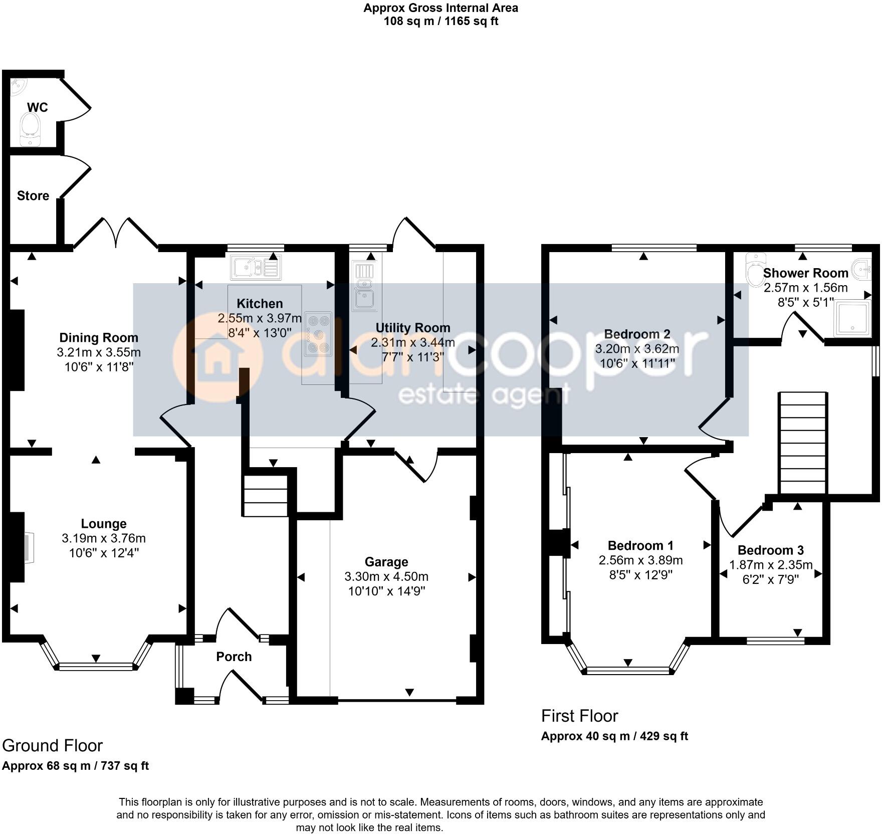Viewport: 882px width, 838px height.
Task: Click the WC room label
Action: pos(37,107)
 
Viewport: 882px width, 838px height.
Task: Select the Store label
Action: pos(33,196)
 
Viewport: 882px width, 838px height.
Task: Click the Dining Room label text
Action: pos(99,338)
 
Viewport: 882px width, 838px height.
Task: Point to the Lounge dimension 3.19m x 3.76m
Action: pos(104,538)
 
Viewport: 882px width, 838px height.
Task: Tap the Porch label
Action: pos(234,657)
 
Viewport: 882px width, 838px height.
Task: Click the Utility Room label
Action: pos(413,328)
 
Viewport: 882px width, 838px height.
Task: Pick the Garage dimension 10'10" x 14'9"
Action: pos(386,591)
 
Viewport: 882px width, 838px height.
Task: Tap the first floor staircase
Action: pos(802,443)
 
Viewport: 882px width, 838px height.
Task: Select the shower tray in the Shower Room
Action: pos(852,318)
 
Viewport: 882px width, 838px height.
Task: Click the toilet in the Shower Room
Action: pos(755,270)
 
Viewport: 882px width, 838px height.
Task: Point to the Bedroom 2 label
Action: pos(637,334)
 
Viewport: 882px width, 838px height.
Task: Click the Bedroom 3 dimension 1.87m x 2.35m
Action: pos(770,565)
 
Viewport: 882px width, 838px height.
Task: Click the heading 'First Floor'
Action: pos(579,716)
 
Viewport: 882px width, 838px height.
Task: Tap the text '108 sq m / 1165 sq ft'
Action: pos(440,21)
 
